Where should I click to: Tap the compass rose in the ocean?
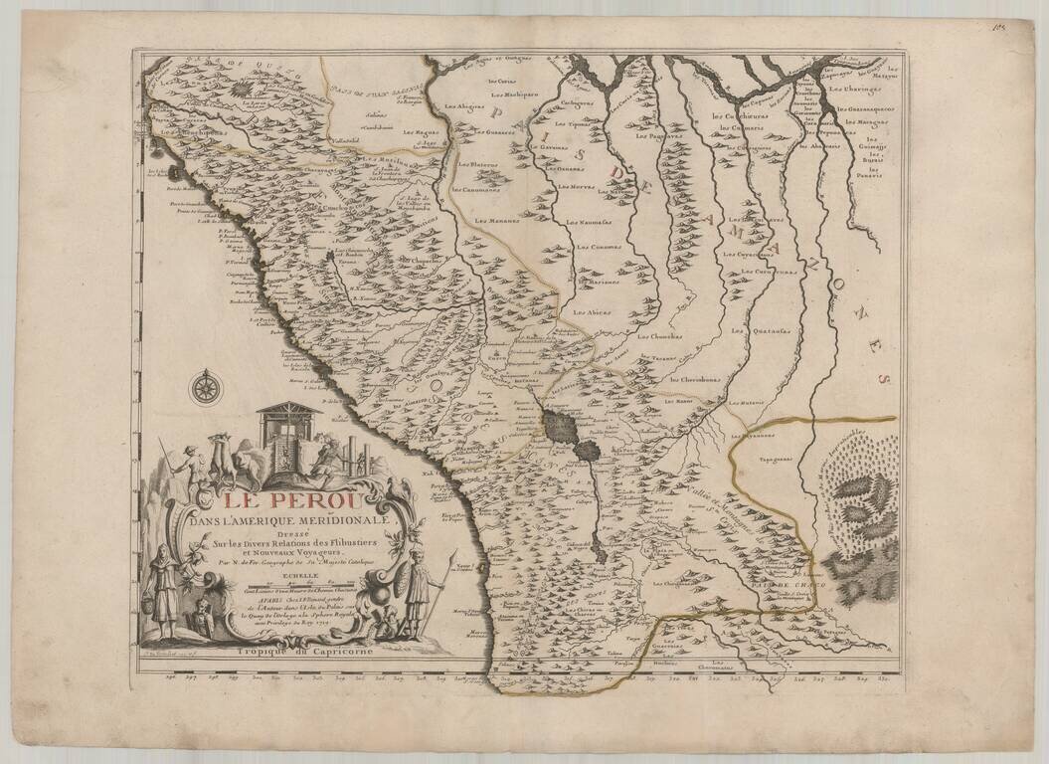[206, 386]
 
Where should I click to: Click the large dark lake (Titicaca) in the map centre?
[558, 429]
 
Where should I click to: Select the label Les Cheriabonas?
[693, 379]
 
